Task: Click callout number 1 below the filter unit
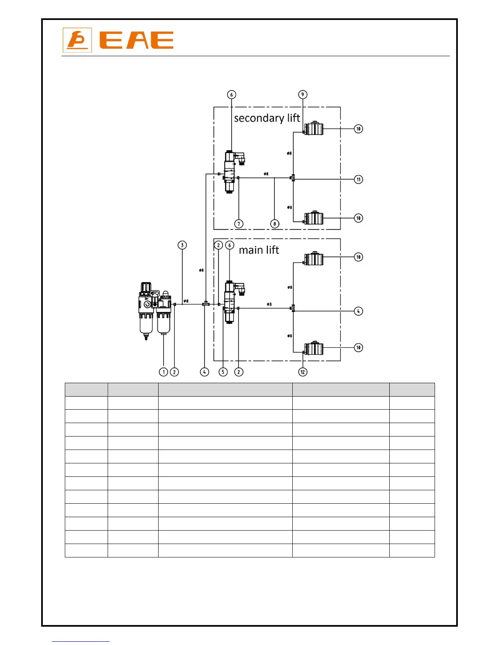[x=163, y=372]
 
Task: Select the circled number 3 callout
[x=182, y=245]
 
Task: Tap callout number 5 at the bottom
[x=223, y=372]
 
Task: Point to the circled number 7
[x=239, y=224]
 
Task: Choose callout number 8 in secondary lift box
[x=275, y=224]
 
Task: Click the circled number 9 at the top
[x=302, y=94]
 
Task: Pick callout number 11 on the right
[x=358, y=179]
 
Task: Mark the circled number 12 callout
[x=302, y=372]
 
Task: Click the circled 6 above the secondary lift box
[x=232, y=94]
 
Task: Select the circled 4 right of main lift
[x=358, y=311]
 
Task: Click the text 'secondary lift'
[x=267, y=118]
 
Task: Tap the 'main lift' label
[x=259, y=250]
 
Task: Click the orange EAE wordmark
[x=137, y=40]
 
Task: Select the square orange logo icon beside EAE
[x=77, y=40]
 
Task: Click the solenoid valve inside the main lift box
[x=231, y=302]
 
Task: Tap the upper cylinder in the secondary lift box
[x=314, y=129]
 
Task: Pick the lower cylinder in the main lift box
[x=314, y=348]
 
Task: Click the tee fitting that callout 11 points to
[x=293, y=178]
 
